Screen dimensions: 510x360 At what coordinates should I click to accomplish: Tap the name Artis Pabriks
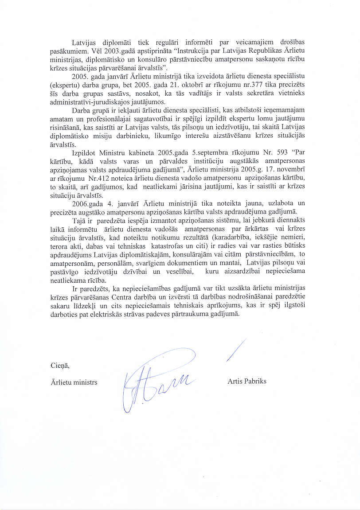247,381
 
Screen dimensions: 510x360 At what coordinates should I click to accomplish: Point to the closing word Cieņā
60,366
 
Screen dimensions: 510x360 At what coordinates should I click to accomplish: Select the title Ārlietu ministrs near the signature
74,382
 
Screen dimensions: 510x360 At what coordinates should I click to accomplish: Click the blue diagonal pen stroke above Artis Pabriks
236,350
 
